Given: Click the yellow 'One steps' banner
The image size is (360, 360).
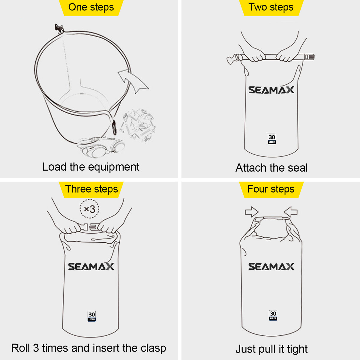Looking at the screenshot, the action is (91, 8).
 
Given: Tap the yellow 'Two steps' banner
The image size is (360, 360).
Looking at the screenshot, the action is (271, 8).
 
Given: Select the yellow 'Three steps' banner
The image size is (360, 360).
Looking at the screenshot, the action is (91, 190).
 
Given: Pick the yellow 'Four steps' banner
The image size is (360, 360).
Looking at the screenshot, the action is (271, 190).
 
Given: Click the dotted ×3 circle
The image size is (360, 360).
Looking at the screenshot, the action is (89, 209).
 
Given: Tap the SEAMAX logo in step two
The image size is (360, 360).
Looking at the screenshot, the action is (271, 90).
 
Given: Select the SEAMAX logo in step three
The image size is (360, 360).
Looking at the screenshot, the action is (91, 267).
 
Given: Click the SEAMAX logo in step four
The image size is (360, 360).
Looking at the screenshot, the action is (271, 267).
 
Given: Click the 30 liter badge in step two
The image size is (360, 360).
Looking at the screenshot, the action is (272, 139).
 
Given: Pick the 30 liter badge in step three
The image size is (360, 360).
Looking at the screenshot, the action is (92, 316).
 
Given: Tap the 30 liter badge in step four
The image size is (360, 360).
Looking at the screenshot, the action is (273, 315).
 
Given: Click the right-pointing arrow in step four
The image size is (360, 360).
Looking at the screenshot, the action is (252, 212).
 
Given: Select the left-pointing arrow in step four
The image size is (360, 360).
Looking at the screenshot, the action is (290, 212).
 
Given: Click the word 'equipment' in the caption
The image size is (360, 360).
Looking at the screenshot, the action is (114, 167).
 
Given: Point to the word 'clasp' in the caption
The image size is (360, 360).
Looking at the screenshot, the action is (153, 348).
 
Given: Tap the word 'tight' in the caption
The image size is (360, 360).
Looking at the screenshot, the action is (297, 349).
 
